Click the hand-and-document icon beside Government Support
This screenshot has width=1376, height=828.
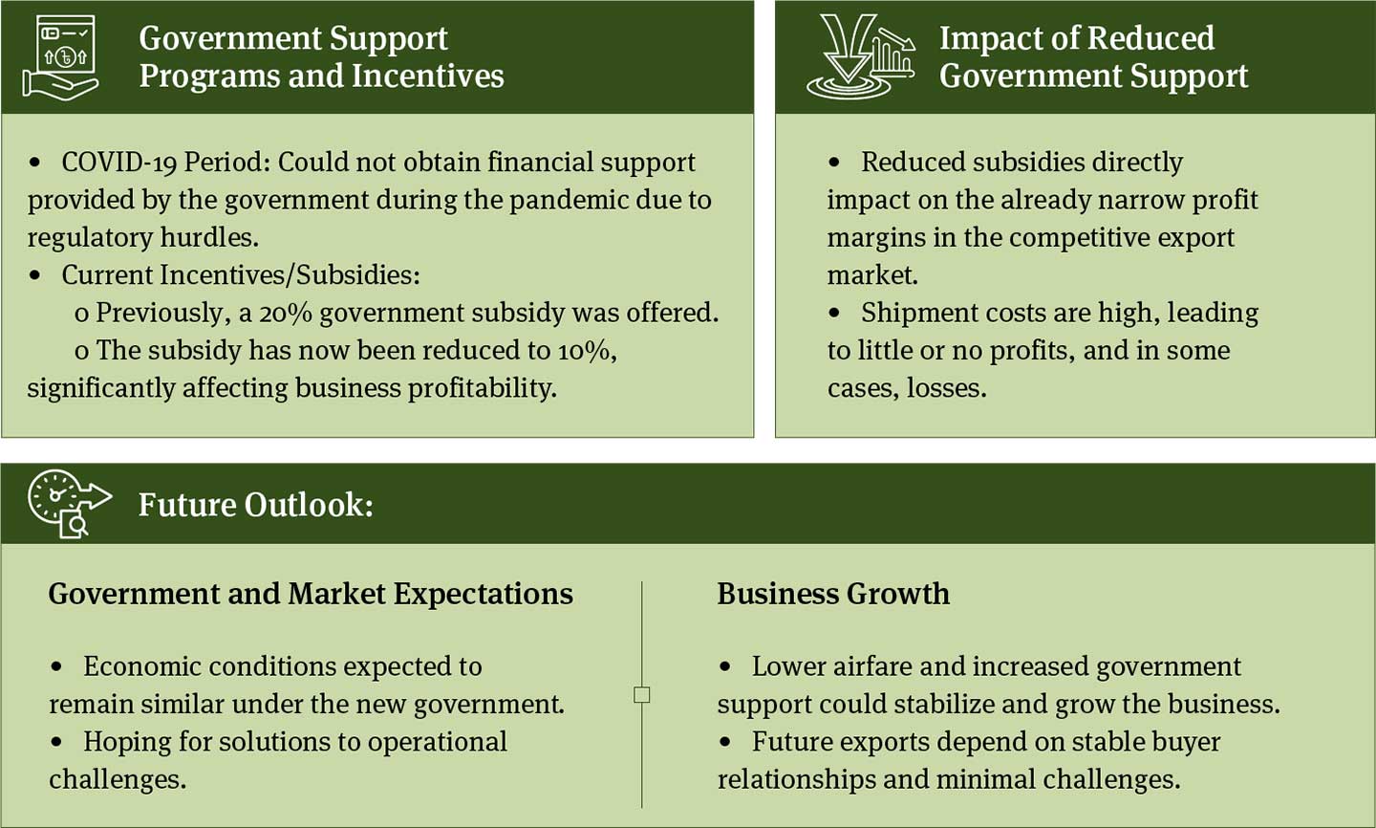[60, 57]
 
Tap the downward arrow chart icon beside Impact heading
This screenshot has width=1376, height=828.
[860, 56]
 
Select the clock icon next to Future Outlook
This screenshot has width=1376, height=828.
[70, 504]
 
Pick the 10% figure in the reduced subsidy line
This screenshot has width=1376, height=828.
[588, 351]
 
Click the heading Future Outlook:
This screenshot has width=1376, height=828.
[255, 504]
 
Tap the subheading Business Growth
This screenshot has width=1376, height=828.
[833, 594]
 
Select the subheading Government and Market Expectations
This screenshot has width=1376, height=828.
[311, 594]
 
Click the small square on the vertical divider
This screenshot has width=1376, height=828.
[641, 694]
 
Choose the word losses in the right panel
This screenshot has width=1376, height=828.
[946, 388]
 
